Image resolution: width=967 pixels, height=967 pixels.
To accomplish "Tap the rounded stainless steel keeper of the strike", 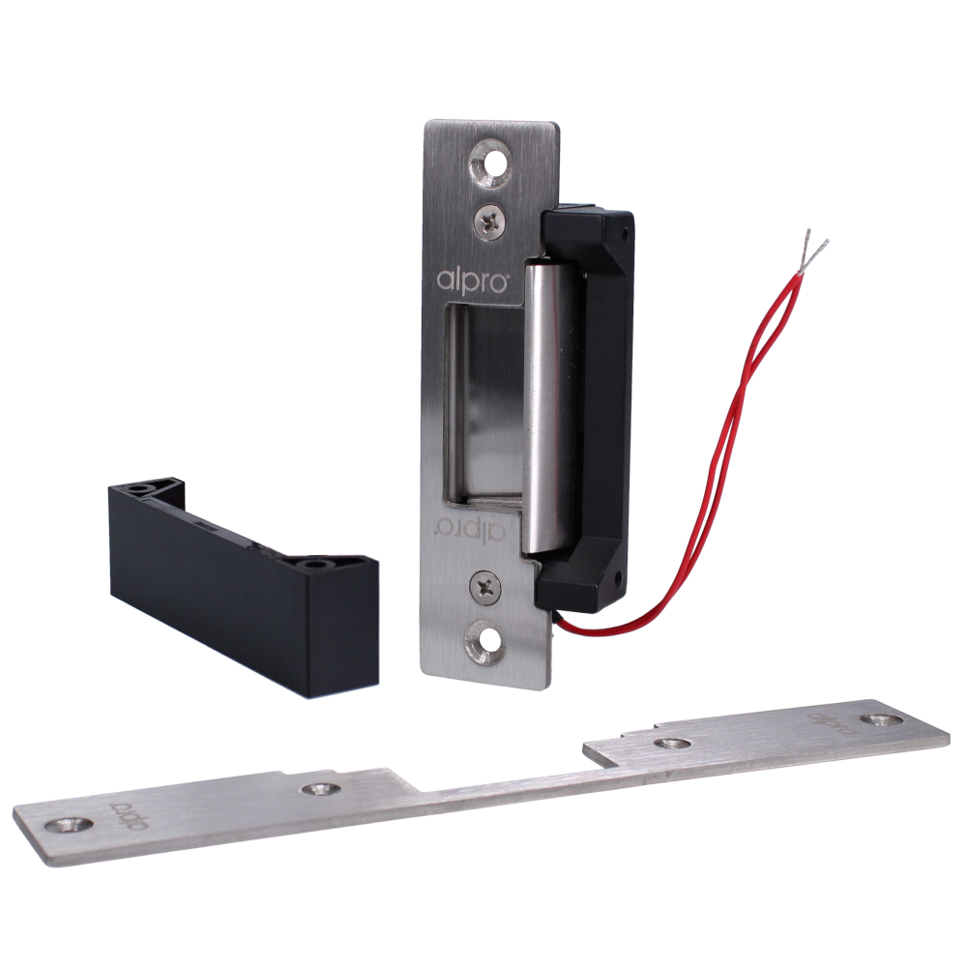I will (x=546, y=406).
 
